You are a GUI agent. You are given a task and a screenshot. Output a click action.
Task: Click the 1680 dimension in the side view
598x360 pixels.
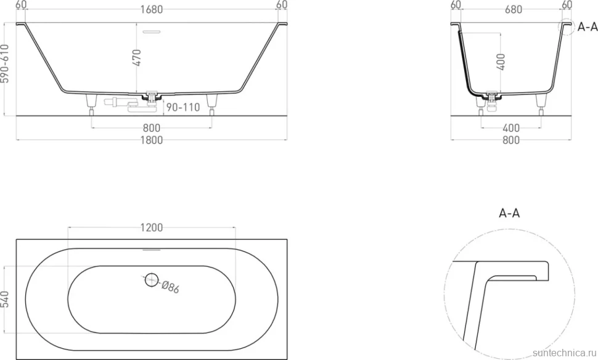152,9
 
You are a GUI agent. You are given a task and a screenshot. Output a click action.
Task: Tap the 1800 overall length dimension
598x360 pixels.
152,141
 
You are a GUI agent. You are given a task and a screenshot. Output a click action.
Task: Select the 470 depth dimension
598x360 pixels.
137,57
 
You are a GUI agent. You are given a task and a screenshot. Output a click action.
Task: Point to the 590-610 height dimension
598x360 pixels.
4,63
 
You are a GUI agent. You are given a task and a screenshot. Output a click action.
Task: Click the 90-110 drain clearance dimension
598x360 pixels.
183,107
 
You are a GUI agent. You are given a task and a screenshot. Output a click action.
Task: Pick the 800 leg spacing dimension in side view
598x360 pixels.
152,128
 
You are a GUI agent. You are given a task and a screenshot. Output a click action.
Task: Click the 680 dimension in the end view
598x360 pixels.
514,9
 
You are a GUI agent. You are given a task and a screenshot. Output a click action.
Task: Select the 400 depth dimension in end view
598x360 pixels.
501,62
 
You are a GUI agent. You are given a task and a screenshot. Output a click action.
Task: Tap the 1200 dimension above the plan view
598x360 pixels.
152,227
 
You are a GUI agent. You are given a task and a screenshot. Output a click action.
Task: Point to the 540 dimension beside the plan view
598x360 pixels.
4,300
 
